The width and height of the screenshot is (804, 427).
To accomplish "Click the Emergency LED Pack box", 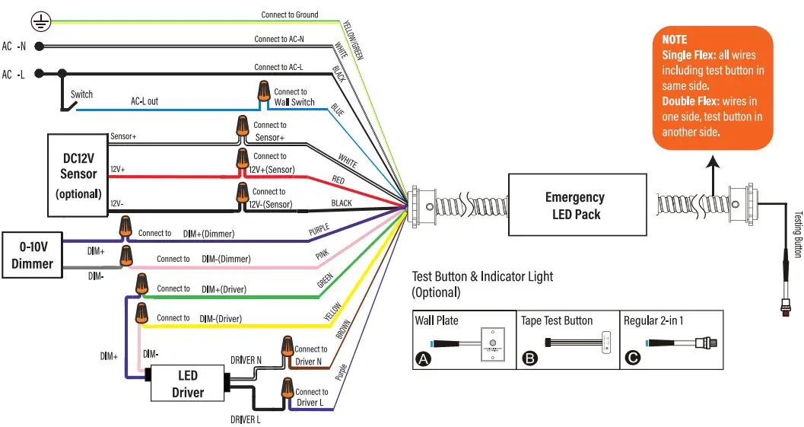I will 576,206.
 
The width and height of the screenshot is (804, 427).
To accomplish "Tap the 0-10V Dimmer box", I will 32,255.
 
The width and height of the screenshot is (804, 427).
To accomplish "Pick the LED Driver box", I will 187,384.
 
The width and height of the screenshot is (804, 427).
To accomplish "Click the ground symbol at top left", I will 42,24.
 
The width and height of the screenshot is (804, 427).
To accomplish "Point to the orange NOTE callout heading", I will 675,40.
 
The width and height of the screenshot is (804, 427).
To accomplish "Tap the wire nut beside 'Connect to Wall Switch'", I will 263,94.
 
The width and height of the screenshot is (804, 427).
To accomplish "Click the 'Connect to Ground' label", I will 290,14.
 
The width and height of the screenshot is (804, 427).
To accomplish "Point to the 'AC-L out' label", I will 145,101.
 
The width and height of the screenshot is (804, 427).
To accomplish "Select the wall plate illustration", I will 494,343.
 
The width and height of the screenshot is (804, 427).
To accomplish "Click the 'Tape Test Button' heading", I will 557,320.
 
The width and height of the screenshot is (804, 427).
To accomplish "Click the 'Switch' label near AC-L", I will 81,94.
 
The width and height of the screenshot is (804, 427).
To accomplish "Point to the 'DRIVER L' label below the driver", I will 246,419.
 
